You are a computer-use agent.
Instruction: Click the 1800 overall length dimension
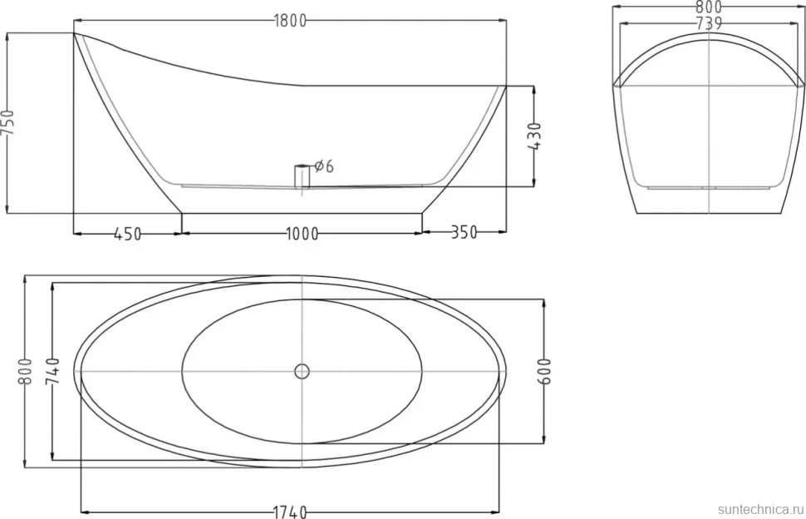(290, 21)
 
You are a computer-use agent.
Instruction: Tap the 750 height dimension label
(9, 122)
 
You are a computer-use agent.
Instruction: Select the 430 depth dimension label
(534, 136)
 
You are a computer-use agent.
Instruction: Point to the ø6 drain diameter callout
(324, 166)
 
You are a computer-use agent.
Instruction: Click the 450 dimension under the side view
(127, 234)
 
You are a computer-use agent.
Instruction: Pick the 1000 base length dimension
(302, 234)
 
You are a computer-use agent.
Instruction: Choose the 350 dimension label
(464, 233)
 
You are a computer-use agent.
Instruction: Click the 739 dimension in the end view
(709, 23)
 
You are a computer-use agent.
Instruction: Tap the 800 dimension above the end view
(709, 7)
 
